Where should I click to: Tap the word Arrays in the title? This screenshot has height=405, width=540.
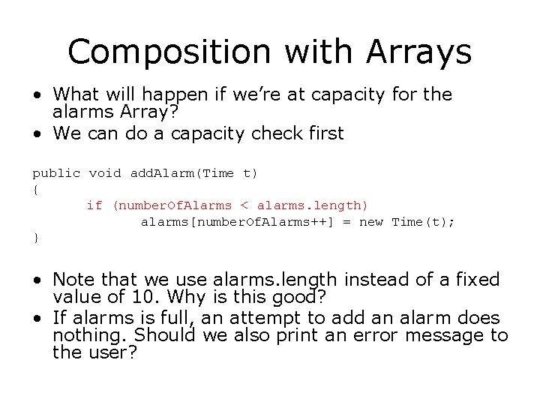click(418, 52)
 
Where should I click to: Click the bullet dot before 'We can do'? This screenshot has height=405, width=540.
click(37, 135)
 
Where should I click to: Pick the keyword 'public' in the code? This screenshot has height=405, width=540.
click(56, 173)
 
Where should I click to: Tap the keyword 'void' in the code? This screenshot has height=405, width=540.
click(105, 173)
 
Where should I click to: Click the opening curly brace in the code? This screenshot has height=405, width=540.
click(35, 189)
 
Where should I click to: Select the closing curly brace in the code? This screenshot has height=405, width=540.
click(35, 237)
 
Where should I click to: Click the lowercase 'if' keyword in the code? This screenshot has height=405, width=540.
click(94, 205)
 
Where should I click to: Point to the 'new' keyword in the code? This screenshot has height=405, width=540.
click(371, 221)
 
